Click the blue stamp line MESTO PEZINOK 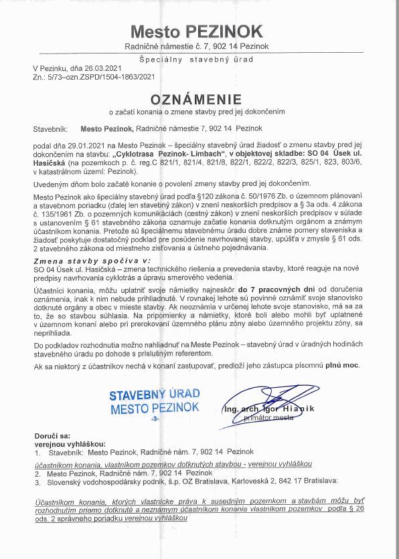[x=155, y=407]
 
